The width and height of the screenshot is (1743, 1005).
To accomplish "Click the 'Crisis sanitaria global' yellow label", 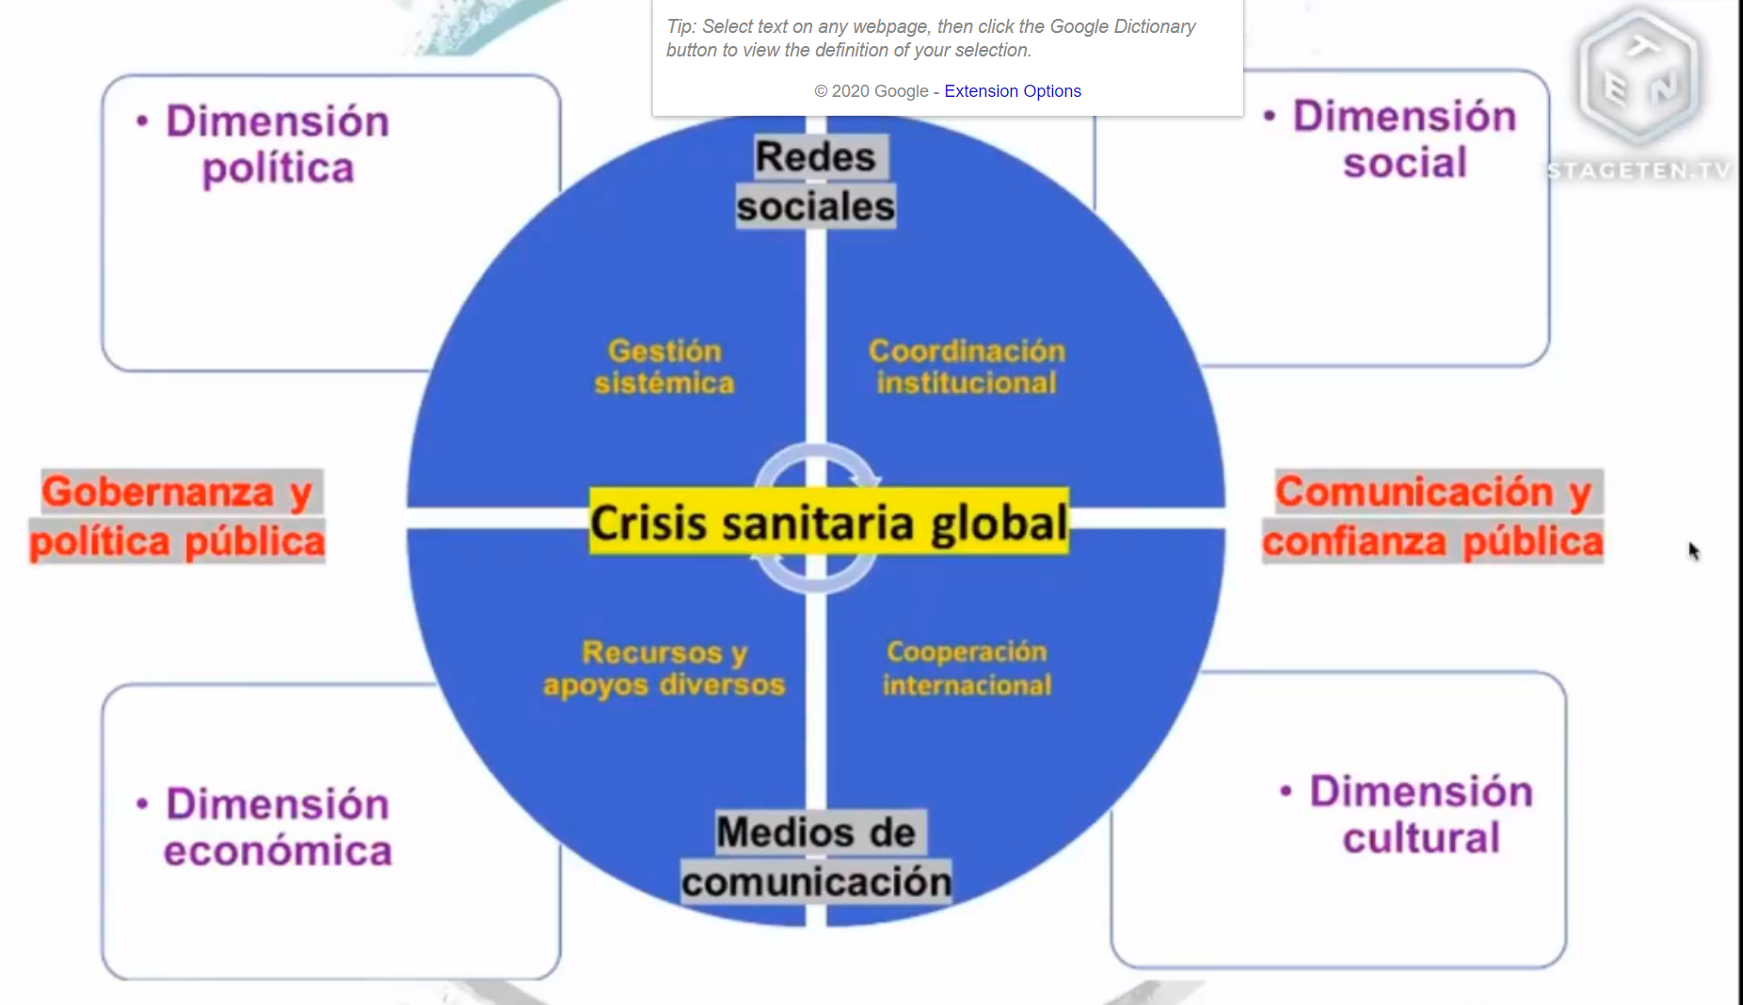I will point(828,522).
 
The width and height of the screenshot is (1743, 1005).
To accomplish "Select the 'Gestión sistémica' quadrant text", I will point(664,367).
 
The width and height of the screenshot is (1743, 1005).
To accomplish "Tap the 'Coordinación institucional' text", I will point(967,367).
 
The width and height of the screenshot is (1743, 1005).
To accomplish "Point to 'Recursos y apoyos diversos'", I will point(664,668).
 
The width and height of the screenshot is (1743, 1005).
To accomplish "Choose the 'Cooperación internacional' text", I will point(967,668).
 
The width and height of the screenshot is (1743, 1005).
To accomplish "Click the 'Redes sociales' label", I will point(815,182).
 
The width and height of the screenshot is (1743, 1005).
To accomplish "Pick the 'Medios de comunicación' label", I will point(816,857).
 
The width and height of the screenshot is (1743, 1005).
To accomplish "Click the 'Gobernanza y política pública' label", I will point(177,517).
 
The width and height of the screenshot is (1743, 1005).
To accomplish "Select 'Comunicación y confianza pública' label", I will point(1432,517).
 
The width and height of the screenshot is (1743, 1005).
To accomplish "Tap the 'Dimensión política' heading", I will point(278,145).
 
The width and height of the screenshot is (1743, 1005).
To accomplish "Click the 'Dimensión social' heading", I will point(1404,139).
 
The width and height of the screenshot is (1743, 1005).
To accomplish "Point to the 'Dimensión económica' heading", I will point(278,827).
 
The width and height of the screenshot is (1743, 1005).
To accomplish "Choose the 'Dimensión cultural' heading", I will point(1421,815).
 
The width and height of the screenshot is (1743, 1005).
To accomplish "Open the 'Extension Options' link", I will point(1013,91).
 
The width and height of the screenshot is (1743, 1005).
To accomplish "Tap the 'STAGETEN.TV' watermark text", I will point(1639,171).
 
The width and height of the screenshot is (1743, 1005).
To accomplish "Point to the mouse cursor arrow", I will point(1693,550).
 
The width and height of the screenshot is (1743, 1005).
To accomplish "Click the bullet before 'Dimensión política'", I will point(142,121).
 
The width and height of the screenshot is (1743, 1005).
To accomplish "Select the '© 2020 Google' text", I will point(871,91).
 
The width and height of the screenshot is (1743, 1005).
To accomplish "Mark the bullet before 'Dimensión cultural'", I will point(1287,791).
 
